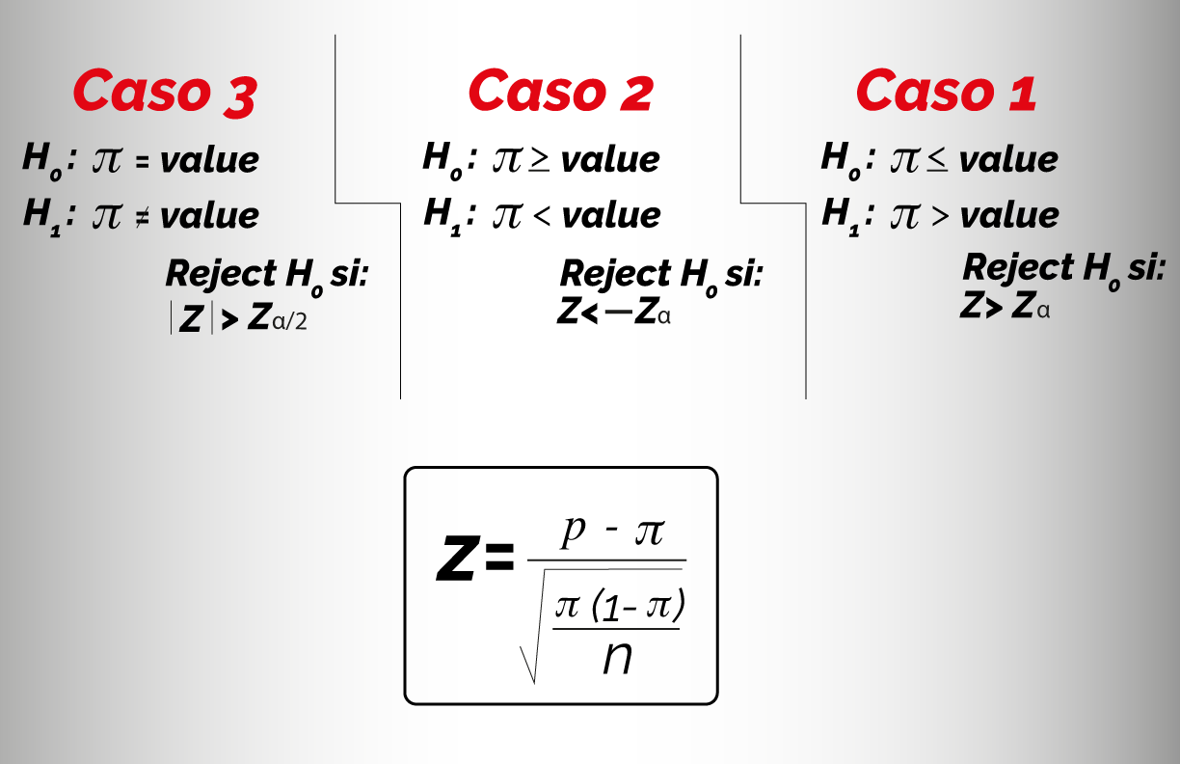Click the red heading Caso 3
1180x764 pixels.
tap(166, 92)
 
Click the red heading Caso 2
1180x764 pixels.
tap(561, 91)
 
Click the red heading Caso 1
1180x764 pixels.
tap(947, 91)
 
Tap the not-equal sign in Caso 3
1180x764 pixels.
tap(143, 217)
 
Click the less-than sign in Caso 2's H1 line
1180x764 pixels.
tap(542, 216)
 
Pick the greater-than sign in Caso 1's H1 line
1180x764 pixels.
tap(940, 216)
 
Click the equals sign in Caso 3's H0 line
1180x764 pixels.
tap(143, 162)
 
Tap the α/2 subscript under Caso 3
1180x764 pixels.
tap(289, 321)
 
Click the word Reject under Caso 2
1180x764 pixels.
tap(615, 274)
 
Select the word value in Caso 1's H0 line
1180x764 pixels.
tap(1008, 159)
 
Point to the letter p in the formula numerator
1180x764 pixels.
tap(574, 531)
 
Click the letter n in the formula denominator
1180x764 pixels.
tap(617, 658)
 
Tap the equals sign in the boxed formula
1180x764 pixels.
tap(498, 558)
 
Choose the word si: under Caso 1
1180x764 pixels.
tap(1146, 267)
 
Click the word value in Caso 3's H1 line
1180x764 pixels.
tap(209, 215)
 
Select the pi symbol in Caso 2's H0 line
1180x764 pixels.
tap(507, 160)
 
